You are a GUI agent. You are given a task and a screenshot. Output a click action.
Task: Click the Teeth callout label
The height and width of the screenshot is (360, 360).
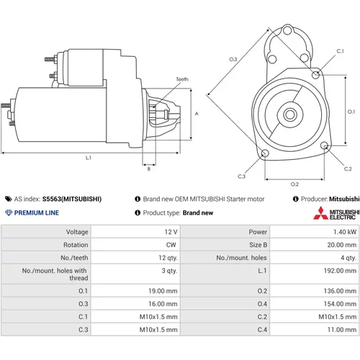[x=182, y=79]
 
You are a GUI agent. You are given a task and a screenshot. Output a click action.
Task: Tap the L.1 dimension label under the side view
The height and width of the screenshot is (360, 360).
[x=89, y=158]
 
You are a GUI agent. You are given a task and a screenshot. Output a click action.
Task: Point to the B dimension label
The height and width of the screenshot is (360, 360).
[x=149, y=169]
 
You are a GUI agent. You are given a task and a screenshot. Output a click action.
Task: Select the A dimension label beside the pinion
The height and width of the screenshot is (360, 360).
[x=197, y=114]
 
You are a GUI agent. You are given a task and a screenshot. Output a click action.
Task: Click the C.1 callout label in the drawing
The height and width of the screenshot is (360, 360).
[x=340, y=51]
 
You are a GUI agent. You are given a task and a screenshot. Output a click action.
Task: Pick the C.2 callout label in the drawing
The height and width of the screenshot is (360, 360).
[x=348, y=168]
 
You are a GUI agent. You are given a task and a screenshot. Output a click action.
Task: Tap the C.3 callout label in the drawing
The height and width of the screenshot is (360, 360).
[x=241, y=176]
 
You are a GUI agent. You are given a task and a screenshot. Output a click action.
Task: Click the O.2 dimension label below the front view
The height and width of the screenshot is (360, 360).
[x=294, y=184]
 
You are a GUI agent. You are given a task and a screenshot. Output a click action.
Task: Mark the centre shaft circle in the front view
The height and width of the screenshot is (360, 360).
[x=290, y=114]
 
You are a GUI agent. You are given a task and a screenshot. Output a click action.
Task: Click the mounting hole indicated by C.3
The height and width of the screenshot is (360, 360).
[x=265, y=153]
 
